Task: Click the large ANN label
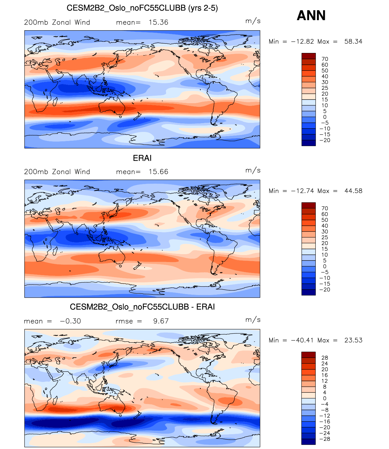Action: click(311, 16)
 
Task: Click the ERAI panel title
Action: click(142, 158)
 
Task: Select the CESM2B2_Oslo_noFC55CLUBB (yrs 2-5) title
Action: click(142, 8)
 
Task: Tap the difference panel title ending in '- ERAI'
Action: click(142, 307)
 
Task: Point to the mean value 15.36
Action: click(158, 22)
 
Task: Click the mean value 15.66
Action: click(158, 172)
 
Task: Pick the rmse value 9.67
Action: click(161, 321)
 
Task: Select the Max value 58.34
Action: click(353, 41)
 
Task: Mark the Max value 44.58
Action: click(353, 191)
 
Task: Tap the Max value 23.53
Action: click(353, 340)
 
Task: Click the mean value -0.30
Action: click(71, 321)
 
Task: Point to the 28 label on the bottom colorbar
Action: click(325, 358)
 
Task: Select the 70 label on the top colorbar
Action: click(325, 59)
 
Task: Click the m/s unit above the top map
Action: click(253, 21)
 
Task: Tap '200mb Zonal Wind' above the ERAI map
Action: click(57, 172)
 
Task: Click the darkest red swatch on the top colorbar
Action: click(308, 56)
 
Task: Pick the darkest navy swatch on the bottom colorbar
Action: click(308, 442)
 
